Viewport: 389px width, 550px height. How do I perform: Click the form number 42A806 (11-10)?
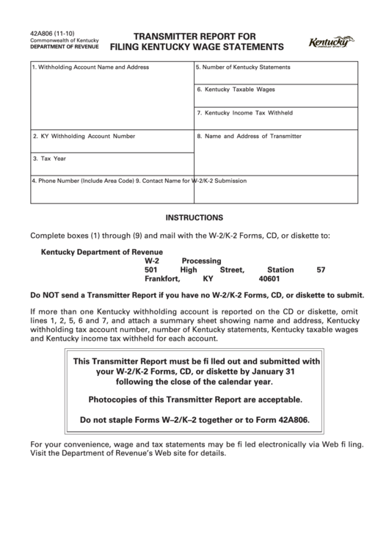[x=49, y=33]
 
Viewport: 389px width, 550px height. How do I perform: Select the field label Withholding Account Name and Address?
[x=92, y=67]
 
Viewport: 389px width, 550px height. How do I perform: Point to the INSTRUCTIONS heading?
[x=194, y=218]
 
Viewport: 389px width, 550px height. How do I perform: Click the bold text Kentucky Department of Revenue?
[x=101, y=252]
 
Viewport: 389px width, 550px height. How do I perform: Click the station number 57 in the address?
[x=320, y=270]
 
